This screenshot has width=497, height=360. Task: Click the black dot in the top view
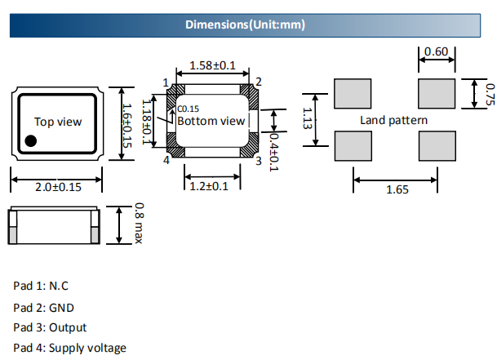point(30,141)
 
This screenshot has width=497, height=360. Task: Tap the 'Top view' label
point(58,122)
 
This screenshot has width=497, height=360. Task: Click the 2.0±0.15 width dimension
point(56,187)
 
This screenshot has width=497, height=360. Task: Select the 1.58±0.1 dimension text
point(212,65)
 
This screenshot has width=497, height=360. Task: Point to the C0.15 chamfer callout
point(188,109)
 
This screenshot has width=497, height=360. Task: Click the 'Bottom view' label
point(211,121)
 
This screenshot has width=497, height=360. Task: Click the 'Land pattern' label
point(393,120)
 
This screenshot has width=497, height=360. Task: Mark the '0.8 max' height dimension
point(139,223)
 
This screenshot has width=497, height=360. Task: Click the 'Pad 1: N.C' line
point(41,286)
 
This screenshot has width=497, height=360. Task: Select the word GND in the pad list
point(62,307)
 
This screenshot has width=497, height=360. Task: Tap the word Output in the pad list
point(68,327)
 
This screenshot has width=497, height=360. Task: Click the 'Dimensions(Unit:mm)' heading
point(245,24)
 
